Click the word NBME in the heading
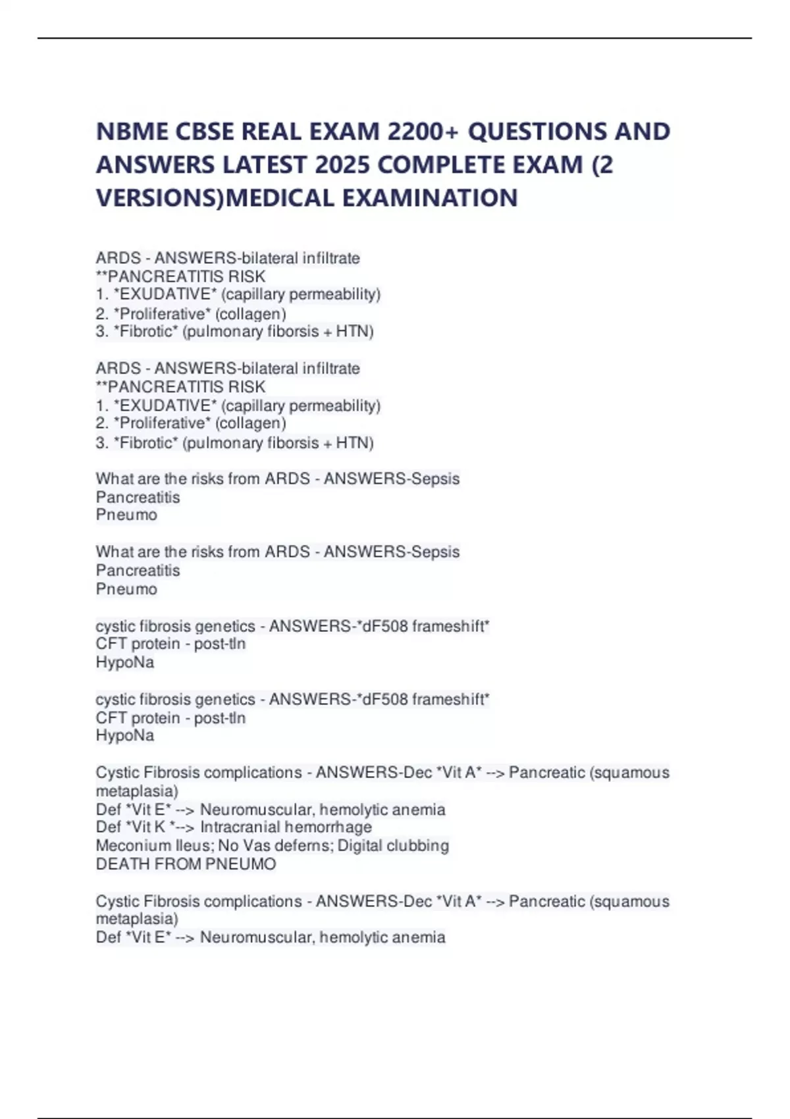click(x=132, y=132)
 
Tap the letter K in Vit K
click(x=161, y=827)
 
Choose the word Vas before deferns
click(x=258, y=846)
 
